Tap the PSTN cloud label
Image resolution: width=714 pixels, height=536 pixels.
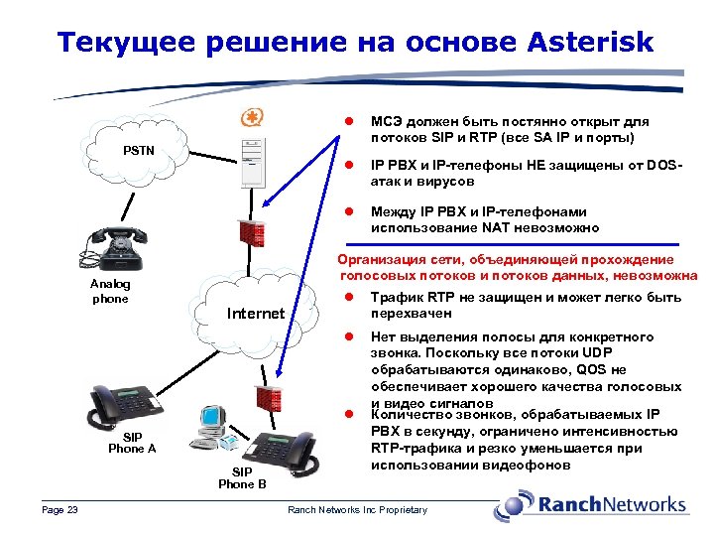point(138,151)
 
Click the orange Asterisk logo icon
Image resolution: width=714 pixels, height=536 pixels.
point(252,118)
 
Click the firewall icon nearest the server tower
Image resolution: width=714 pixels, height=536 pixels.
point(247,232)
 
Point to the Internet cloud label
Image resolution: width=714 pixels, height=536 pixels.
point(256,314)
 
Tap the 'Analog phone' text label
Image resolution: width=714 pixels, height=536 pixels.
point(111,291)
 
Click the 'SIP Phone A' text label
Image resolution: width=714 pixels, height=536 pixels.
point(132,442)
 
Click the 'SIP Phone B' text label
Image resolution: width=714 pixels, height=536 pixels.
point(242,477)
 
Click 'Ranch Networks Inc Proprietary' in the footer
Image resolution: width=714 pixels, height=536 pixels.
point(357,510)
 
